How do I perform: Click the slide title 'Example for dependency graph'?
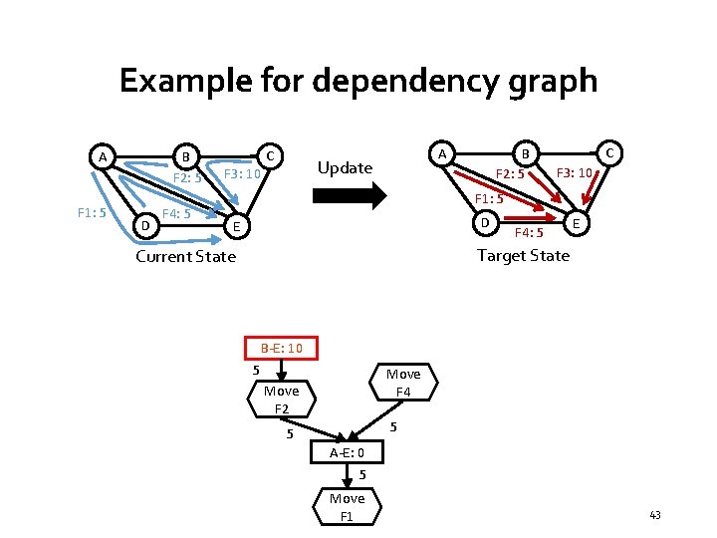tap(358, 80)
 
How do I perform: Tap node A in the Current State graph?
tap(102, 156)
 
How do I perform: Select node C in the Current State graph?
tap(269, 155)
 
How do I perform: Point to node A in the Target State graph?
tap(442, 152)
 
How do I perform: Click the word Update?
tap(344, 167)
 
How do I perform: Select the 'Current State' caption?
tap(185, 256)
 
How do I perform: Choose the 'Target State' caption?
tap(523, 255)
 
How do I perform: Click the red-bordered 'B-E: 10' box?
tap(288, 348)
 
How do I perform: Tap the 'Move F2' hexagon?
tap(282, 400)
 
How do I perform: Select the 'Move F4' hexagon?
tap(403, 383)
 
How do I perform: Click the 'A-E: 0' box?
tap(346, 453)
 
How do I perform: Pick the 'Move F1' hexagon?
tap(347, 506)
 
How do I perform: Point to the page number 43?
tap(654, 514)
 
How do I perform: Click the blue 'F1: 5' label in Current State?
tap(92, 211)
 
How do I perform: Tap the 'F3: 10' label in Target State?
tap(575, 173)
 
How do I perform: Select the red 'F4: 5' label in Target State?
tap(528, 234)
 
